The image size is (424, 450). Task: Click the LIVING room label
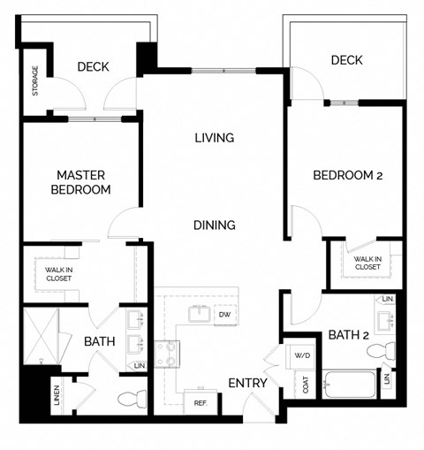215,138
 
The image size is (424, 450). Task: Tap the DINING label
215,225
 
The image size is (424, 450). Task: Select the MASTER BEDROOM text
80,182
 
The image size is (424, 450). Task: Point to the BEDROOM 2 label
347,175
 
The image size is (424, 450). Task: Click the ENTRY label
248,383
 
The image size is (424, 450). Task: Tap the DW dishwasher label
224,314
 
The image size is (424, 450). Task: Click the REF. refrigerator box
200,402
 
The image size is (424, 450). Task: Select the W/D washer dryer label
302,355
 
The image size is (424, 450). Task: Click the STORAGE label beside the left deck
35,81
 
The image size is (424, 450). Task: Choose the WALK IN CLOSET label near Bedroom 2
367,263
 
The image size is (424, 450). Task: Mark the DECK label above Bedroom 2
347,60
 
